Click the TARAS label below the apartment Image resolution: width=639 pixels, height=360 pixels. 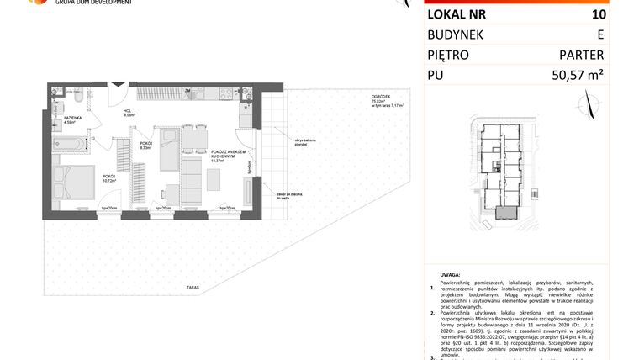pyautogui.click(x=193, y=288)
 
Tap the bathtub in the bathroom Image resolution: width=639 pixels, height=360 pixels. pyautogui.click(x=71, y=144)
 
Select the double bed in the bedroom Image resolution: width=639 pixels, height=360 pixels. pyautogui.click(x=73, y=182)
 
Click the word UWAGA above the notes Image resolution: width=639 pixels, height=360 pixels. pyautogui.click(x=451, y=274)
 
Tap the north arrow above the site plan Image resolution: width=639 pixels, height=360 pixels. pyautogui.click(x=589, y=106)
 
